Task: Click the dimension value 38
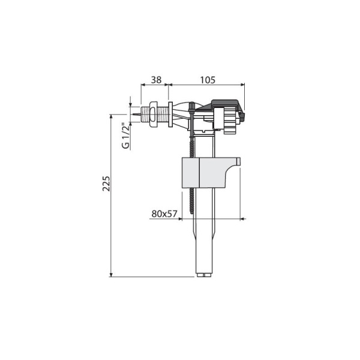pos(156,80)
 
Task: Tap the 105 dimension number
pos(208,80)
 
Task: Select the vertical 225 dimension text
pos(106,184)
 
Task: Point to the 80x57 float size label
pos(164,214)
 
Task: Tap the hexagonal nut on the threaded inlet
pos(153,114)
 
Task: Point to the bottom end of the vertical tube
pos(204,275)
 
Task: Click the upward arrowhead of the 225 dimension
pos(111,116)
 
